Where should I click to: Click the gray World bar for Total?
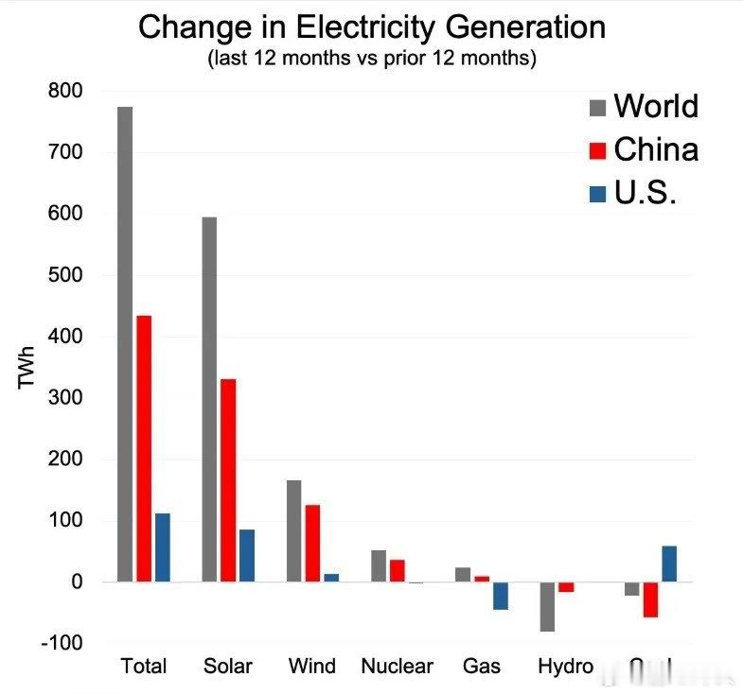[x=125, y=344]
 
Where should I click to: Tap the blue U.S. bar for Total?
[x=163, y=547]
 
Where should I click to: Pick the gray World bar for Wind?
[x=293, y=530]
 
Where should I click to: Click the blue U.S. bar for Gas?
[x=500, y=596]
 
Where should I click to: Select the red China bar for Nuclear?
[x=397, y=571]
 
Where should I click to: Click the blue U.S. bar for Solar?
[x=247, y=555]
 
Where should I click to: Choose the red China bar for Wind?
[x=312, y=543]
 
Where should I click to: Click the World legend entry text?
[x=656, y=106]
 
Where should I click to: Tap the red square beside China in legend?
[x=597, y=150]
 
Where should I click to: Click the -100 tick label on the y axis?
[x=62, y=643]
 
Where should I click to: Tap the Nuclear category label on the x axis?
[x=397, y=666]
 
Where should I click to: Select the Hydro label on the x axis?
[x=565, y=666]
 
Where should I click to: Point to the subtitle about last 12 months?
[x=371, y=59]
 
